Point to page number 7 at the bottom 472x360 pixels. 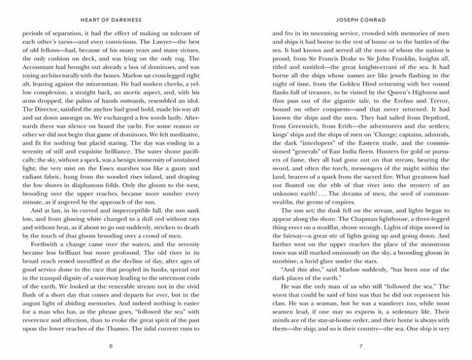point(361,346)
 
